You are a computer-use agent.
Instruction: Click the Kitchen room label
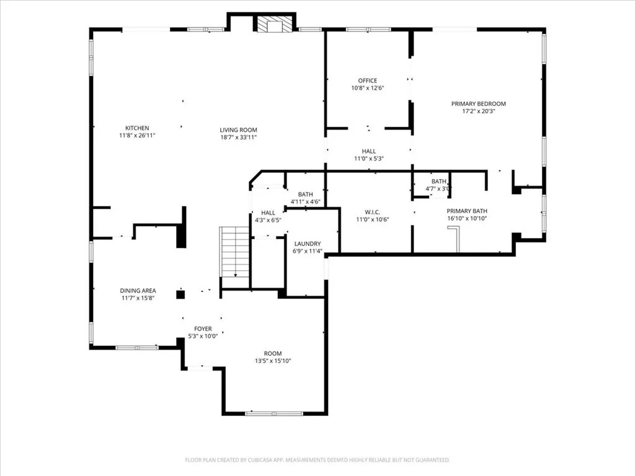[137, 128]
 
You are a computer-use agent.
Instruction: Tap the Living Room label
[238, 130]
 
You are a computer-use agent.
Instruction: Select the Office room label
[367, 81]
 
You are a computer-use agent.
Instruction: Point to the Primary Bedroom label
[478, 104]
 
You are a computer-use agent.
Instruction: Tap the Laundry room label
[307, 244]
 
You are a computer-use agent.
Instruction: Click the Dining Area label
[138, 291]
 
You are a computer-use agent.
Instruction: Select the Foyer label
[203, 329]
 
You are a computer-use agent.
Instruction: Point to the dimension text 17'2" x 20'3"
[478, 112]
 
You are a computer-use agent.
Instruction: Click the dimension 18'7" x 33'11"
[238, 138]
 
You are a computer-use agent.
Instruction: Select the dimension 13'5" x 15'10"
[273, 361]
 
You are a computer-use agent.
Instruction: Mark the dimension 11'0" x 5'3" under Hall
[369, 159]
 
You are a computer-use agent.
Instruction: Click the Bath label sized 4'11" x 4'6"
[305, 195]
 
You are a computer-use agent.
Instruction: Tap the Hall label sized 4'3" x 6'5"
[268, 213]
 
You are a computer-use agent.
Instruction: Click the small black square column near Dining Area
[180, 294]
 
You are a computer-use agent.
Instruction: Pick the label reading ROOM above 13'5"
[273, 353]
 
